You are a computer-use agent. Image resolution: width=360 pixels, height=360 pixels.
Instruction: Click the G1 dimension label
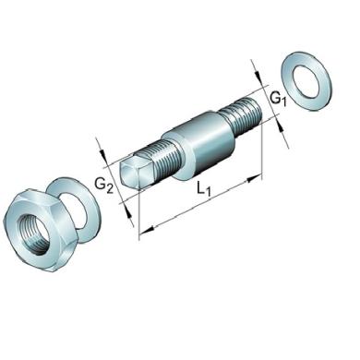coord(278,99)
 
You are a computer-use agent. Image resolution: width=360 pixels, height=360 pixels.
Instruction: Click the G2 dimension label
coord(103,186)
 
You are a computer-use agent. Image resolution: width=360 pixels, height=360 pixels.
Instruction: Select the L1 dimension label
coord(204,188)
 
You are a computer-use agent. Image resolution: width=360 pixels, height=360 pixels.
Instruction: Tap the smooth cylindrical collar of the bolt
coord(200,144)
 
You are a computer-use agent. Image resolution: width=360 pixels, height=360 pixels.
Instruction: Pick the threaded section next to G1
coord(243,116)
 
